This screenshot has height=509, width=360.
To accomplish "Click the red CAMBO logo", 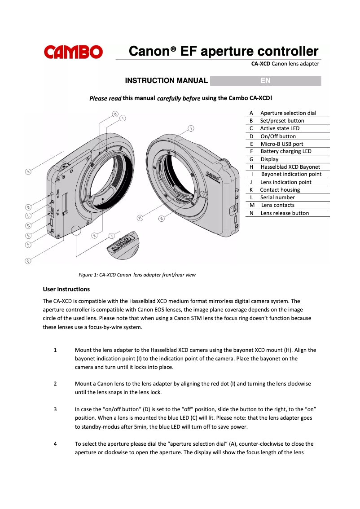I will (x=73, y=52).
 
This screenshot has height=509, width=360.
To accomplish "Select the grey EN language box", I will (x=265, y=81).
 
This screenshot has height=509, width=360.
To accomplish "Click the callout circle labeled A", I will (x=28, y=171).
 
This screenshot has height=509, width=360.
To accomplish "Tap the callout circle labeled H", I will (x=115, y=114).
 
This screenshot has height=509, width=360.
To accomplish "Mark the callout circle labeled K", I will (x=95, y=235).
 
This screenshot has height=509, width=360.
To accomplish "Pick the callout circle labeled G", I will (x=28, y=261).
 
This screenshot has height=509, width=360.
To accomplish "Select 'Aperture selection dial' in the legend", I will (x=288, y=113).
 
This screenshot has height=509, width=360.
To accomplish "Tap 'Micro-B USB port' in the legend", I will (x=281, y=144).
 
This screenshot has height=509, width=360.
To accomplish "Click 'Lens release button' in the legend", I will (x=284, y=213).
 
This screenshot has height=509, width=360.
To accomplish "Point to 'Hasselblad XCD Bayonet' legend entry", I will (x=290, y=167).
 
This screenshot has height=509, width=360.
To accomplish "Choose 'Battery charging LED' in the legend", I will (x=285, y=151).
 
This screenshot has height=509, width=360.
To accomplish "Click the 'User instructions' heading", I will (x=66, y=289).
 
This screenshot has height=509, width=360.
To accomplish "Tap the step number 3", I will (x=55, y=409).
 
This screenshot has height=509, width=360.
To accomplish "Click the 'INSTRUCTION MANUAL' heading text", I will (x=166, y=81).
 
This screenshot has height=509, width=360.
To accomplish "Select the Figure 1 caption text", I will (x=137, y=275).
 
